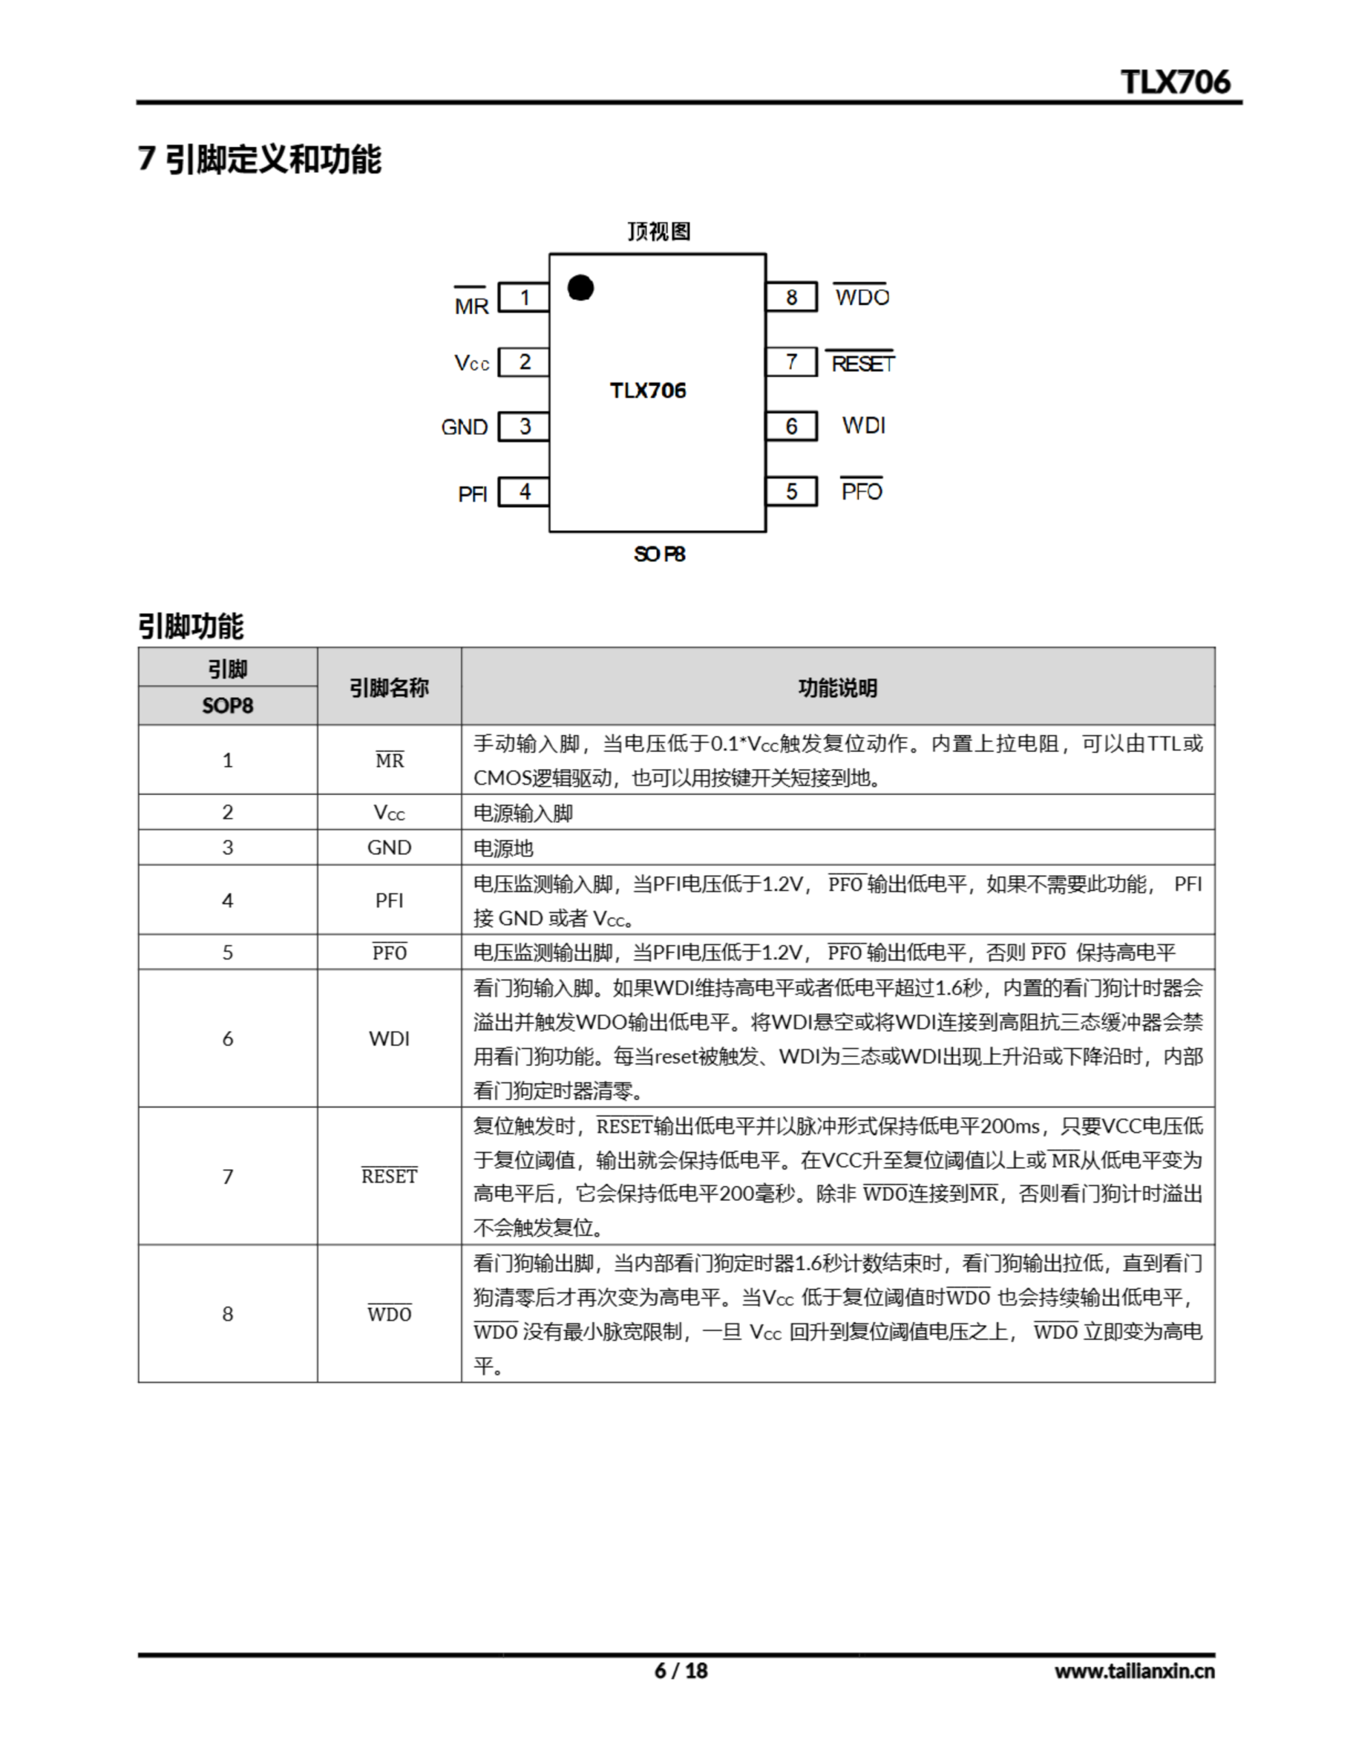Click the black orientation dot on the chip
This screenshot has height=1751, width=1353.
580,288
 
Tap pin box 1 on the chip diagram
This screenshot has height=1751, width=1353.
524,298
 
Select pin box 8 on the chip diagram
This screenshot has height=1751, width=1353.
791,298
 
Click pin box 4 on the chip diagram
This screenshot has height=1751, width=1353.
524,492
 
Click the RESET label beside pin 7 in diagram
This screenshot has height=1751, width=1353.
862,364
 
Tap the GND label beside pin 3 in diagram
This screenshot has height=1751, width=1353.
464,427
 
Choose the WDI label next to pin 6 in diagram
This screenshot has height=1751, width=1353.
864,425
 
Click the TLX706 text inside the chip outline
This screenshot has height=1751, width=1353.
648,391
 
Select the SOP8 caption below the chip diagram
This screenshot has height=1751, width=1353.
659,554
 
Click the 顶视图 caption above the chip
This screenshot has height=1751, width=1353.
659,232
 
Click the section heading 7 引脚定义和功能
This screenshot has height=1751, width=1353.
260,159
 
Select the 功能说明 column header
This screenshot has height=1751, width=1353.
837,688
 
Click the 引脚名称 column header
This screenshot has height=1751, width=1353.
389,688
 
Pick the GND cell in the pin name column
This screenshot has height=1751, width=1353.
389,847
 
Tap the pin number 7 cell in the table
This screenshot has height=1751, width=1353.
228,1176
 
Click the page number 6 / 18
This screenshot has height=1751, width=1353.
681,1670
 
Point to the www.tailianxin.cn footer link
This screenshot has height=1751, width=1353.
1134,1670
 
